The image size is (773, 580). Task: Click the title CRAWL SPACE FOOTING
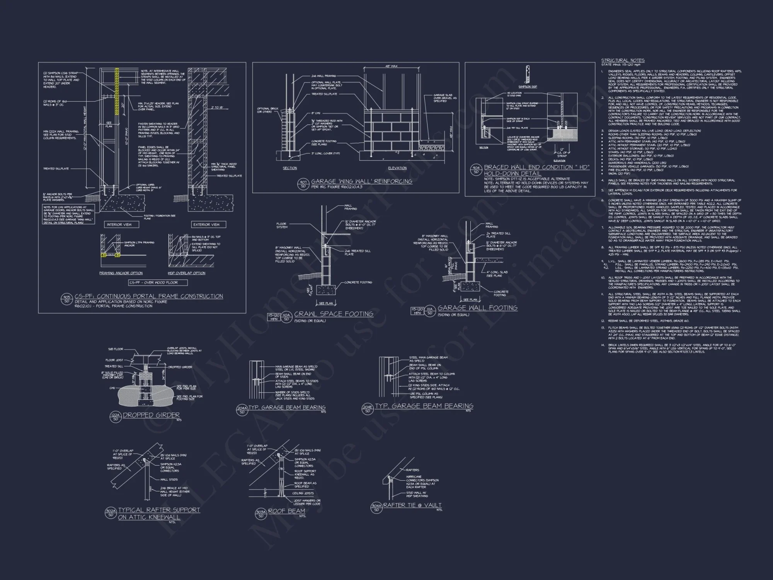coord(334,314)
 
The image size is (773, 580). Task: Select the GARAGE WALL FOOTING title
coord(477,308)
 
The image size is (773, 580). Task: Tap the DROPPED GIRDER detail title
coord(151,415)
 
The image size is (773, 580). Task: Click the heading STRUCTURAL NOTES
coord(623,60)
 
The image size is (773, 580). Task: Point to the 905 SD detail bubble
coord(66,299)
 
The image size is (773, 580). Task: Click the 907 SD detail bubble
coord(303,184)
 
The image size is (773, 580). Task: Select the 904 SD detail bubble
coord(475,170)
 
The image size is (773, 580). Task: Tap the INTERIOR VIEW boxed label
coord(119,224)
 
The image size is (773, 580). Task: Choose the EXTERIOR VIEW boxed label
coord(206,224)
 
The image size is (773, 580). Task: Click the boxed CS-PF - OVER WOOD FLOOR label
coord(158,283)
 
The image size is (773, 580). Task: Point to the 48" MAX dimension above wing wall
coord(392,66)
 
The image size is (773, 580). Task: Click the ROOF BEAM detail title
coord(286,511)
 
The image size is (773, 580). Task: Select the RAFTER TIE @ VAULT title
coord(412,505)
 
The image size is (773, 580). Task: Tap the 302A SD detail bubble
coord(111,513)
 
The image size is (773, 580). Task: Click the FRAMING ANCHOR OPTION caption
coord(121,273)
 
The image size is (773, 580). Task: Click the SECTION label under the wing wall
coord(289,168)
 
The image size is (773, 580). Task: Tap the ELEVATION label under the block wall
coord(397,168)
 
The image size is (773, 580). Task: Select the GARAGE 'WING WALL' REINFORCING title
coord(361,181)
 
